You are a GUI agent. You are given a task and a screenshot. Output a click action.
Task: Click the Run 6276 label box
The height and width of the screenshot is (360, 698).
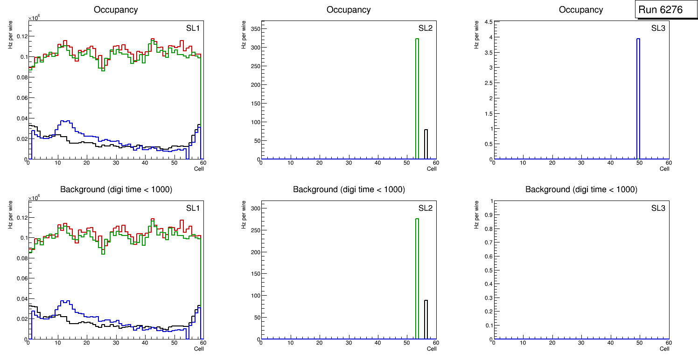[x=666, y=10]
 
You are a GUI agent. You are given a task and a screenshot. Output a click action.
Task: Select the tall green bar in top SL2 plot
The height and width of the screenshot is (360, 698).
[x=417, y=98]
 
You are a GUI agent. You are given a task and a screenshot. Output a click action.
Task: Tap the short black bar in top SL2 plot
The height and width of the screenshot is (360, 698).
[x=426, y=145]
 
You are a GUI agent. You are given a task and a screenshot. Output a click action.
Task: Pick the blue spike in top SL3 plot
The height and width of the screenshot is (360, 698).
[x=638, y=98]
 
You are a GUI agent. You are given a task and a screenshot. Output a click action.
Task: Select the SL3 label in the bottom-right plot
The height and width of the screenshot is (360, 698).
[x=658, y=208]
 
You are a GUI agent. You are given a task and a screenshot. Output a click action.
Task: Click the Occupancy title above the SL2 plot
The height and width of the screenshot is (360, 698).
[x=349, y=10]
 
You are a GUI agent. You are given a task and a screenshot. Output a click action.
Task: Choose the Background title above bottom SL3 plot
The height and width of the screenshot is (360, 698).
[x=581, y=189]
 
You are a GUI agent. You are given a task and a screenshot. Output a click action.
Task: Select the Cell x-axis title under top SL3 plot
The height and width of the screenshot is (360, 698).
[x=664, y=169]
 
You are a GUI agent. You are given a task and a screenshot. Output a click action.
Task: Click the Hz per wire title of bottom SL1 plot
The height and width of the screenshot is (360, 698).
[x=10, y=215]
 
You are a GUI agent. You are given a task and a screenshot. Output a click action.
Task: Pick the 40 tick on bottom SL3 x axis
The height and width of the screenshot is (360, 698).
[x=610, y=343]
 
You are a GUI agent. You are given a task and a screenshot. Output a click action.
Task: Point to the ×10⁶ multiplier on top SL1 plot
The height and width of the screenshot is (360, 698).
[x=34, y=18]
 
